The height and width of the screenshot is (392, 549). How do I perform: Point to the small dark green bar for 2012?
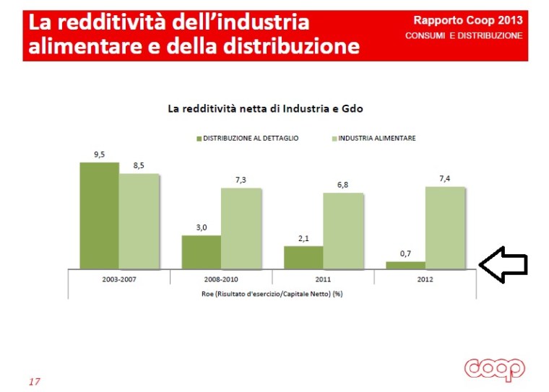[405, 265]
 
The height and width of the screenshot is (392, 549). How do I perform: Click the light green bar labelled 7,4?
[445, 227]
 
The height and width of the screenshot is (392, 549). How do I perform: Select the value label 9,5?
[99, 154]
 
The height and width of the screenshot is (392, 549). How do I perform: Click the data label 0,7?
[405, 253]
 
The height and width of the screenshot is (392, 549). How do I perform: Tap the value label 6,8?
[342, 185]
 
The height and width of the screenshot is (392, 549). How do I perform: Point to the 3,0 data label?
[201, 227]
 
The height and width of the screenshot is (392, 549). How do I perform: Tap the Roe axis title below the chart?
[272, 292]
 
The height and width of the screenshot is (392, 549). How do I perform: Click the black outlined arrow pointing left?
[503, 265]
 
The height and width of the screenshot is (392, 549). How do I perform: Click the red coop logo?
[495, 368]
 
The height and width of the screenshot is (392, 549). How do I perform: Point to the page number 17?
[35, 380]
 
